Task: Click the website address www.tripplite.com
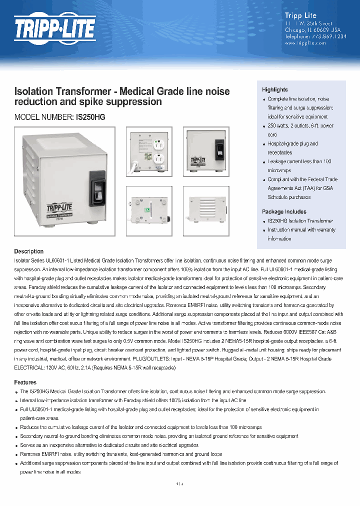click(x=305, y=43)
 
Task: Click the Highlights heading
click(x=274, y=89)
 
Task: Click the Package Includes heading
click(x=284, y=211)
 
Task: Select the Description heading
click(x=28, y=251)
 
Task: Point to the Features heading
click(x=25, y=382)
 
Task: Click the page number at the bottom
click(x=180, y=484)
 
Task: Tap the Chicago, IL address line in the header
click(x=305, y=29)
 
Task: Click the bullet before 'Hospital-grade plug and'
click(x=264, y=144)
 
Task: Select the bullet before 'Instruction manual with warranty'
click(x=264, y=230)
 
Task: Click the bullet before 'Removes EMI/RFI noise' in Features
click(x=16, y=454)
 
